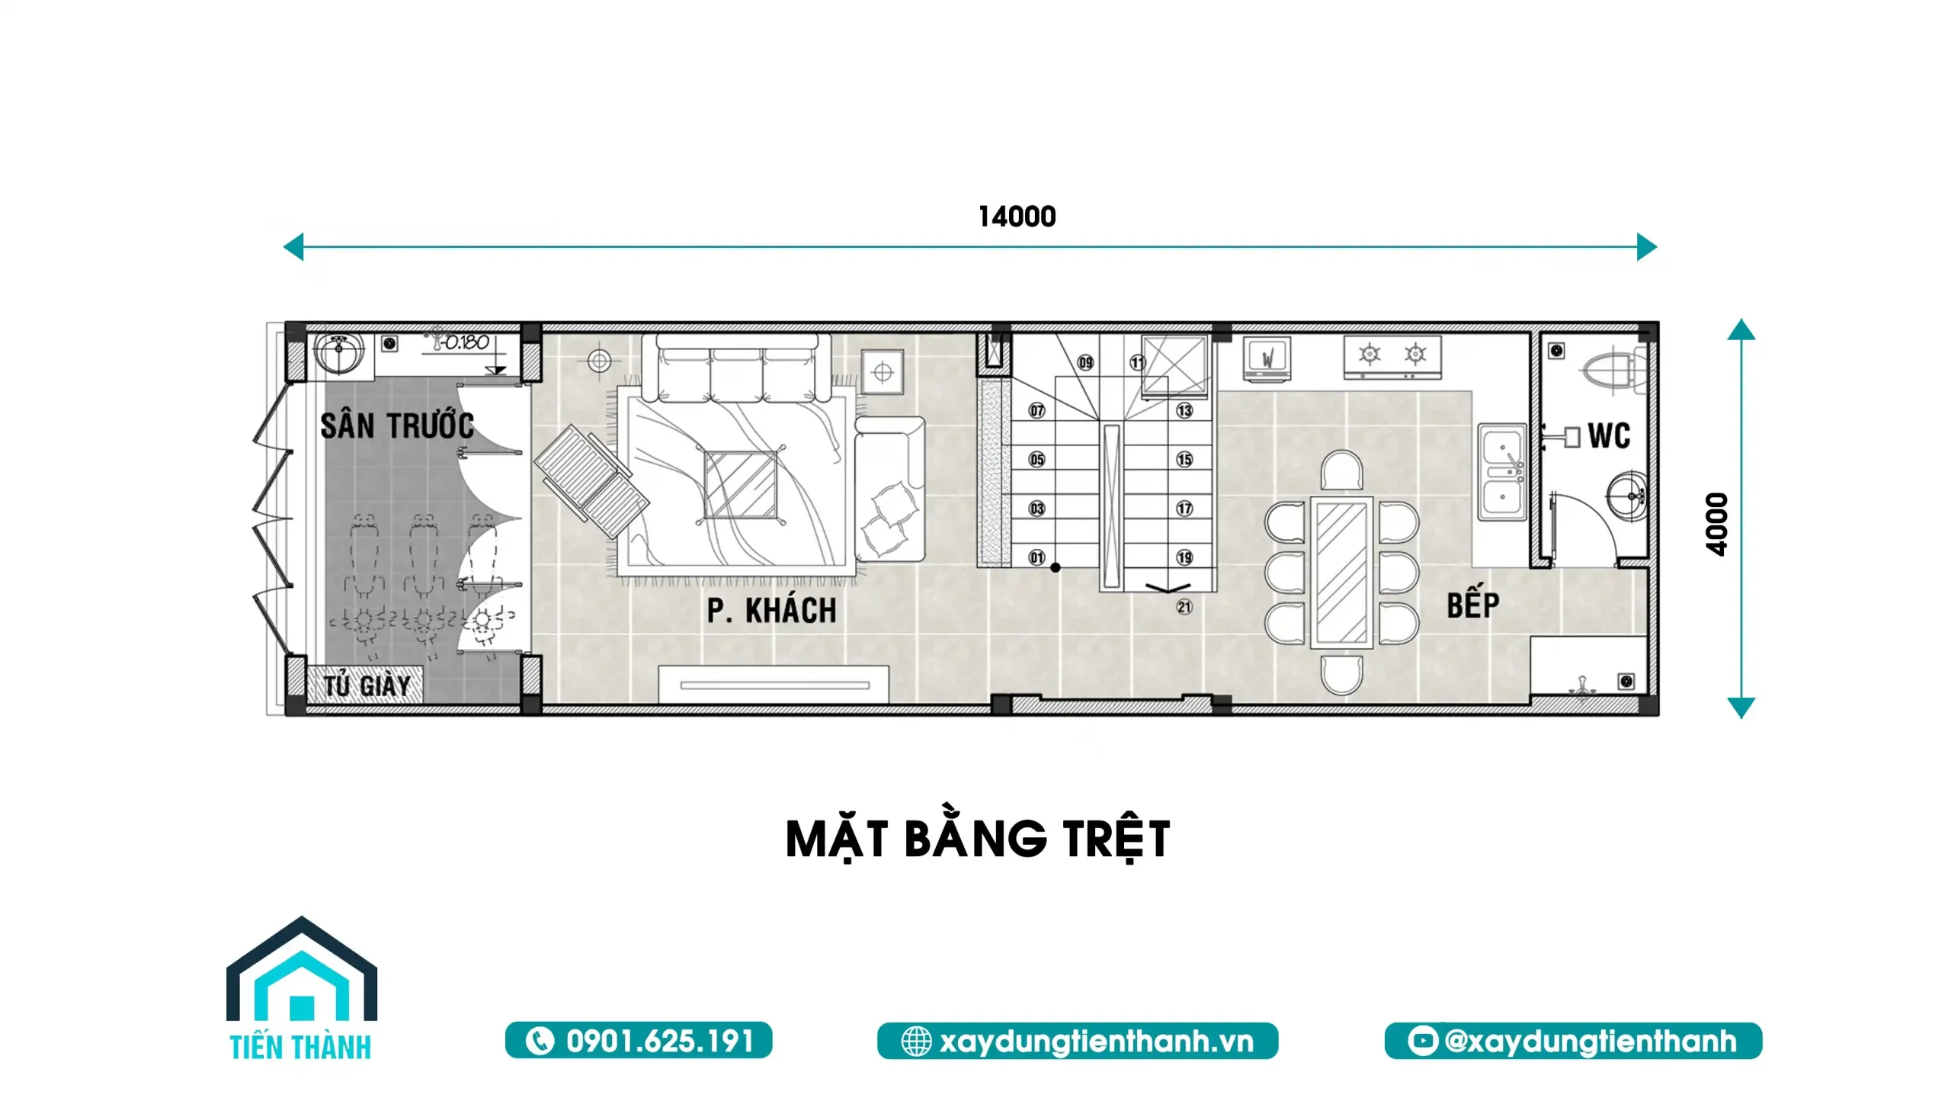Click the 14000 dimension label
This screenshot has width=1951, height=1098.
1017,217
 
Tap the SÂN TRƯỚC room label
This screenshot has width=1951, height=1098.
397,425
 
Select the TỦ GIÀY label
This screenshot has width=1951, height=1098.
367,685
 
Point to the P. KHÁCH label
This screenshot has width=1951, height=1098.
771,611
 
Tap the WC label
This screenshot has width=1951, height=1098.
1609,436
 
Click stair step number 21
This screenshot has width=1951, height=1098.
1184,607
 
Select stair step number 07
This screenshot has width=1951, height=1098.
1036,411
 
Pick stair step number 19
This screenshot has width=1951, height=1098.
1184,557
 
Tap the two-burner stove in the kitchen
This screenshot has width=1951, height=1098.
1392,357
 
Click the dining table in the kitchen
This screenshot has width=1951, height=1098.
1341,573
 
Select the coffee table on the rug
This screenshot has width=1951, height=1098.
741,485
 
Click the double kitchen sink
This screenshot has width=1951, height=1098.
1502,472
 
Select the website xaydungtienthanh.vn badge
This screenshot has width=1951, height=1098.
1078,1041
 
